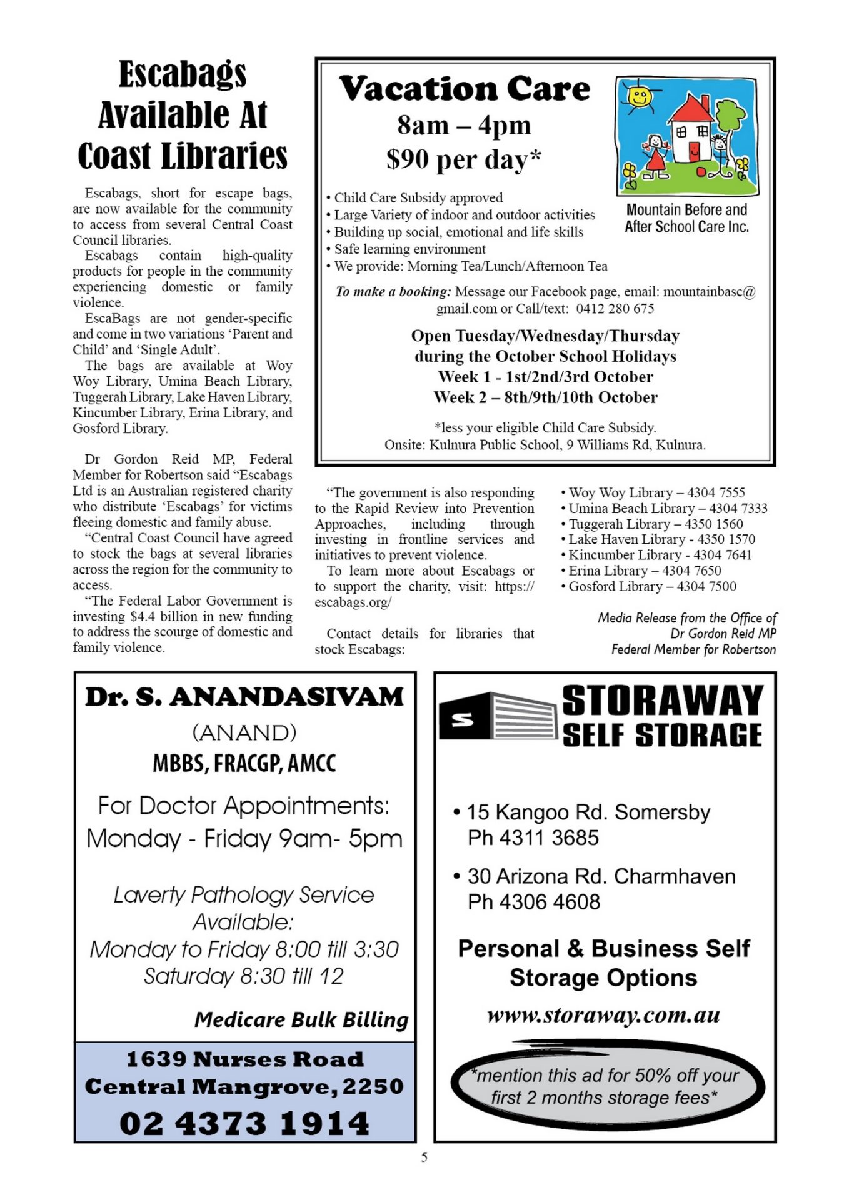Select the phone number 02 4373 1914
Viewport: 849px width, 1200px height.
pyautogui.click(x=244, y=1123)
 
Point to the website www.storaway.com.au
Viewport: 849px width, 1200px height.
pyautogui.click(x=603, y=1014)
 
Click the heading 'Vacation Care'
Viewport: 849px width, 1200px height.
pyautogui.click(x=465, y=89)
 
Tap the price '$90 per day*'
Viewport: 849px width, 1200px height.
pyautogui.click(x=463, y=159)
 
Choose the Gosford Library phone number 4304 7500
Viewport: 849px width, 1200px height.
pyautogui.click(x=706, y=586)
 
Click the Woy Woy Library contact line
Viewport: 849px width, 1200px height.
pyautogui.click(x=653, y=492)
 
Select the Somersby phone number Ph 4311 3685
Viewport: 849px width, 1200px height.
pyautogui.click(x=533, y=837)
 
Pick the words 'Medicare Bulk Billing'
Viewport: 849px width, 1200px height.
pyautogui.click(x=301, y=1019)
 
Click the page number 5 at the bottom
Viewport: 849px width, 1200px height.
pyautogui.click(x=424, y=1157)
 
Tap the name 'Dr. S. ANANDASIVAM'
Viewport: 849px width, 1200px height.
pyautogui.click(x=244, y=697)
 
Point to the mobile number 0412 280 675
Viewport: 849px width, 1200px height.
pyautogui.click(x=615, y=309)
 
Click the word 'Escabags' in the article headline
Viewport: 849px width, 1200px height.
pyautogui.click(x=183, y=74)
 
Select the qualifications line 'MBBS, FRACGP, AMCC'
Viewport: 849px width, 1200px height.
pyautogui.click(x=244, y=763)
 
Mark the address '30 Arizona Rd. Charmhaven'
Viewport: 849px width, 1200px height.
pyautogui.click(x=601, y=876)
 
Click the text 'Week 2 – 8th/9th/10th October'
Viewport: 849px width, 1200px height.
pyautogui.click(x=545, y=397)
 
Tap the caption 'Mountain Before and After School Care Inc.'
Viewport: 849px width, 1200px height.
pyautogui.click(x=686, y=218)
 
